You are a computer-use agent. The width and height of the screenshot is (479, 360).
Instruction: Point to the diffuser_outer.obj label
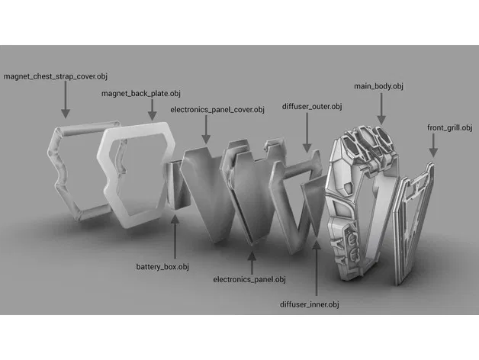[312, 106]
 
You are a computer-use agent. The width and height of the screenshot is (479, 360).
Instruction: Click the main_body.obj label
[378, 87]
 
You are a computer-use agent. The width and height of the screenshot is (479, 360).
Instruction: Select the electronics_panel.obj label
[249, 280]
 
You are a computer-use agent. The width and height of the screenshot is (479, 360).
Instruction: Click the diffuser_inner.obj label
[310, 304]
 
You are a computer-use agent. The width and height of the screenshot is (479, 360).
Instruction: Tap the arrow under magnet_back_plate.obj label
[152, 110]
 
